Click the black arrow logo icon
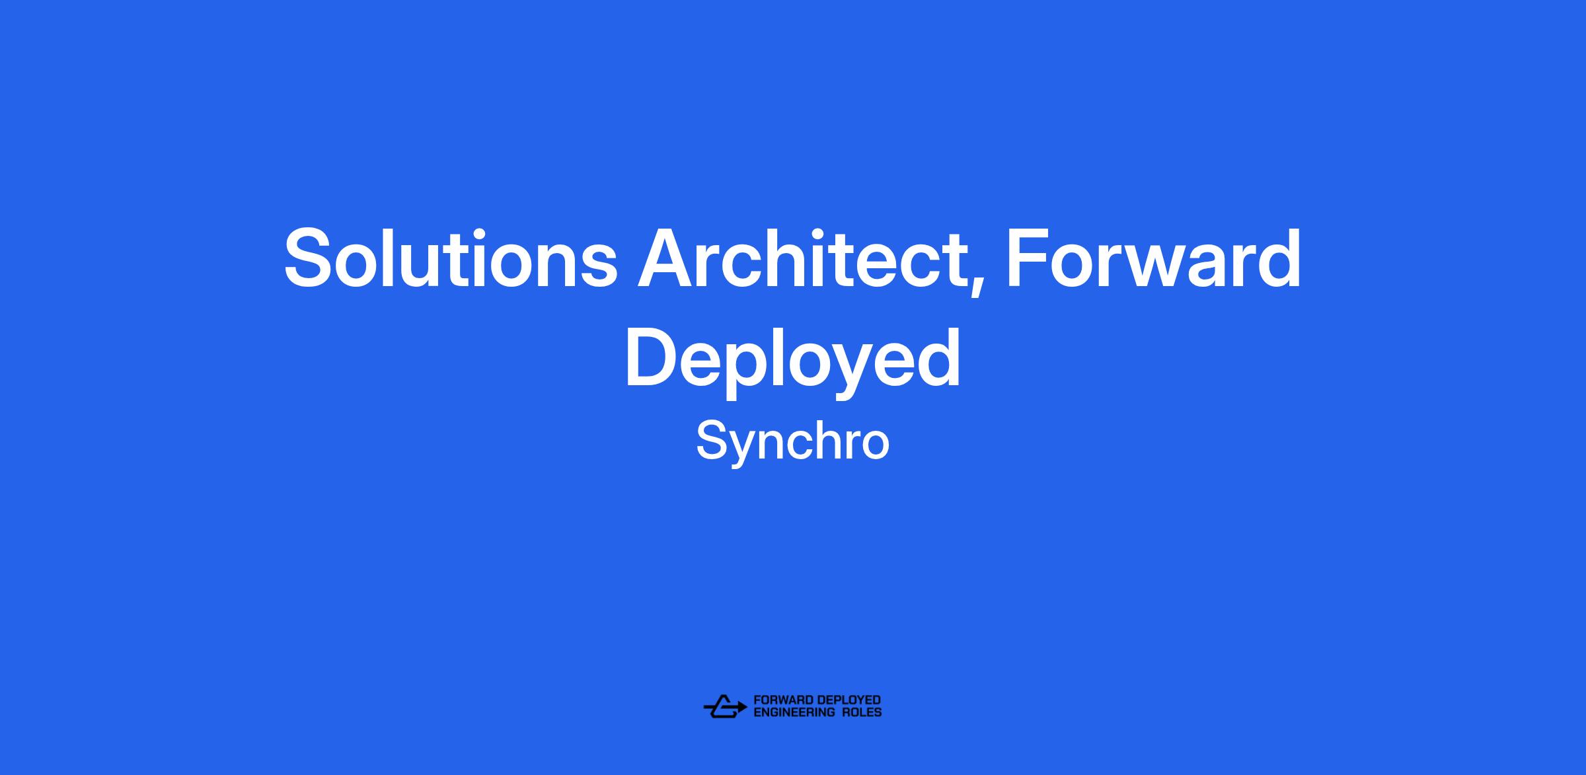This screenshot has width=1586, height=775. pos(725,706)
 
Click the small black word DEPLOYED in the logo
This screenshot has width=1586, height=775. pos(849,700)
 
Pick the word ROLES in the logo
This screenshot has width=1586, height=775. pos(862,712)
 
